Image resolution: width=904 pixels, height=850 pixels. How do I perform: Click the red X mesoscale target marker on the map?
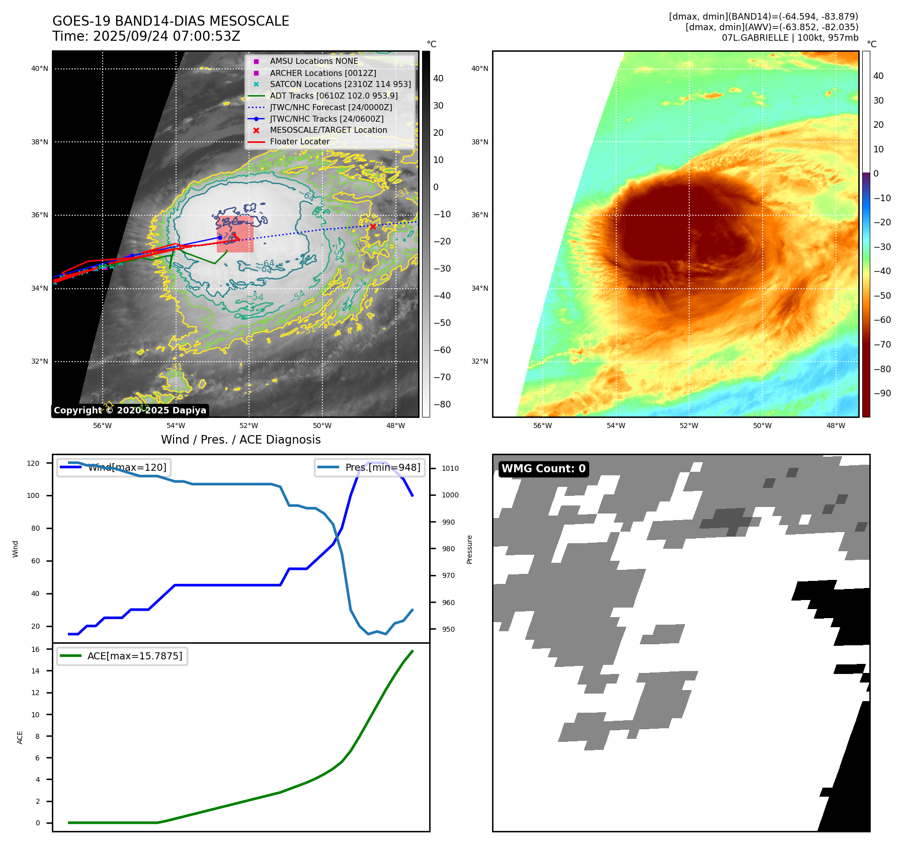click(372, 226)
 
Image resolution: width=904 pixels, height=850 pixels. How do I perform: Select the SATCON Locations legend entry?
click(340, 84)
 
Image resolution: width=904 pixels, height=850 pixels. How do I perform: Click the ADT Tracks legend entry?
click(334, 96)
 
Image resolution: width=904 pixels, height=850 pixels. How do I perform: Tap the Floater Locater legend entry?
click(299, 142)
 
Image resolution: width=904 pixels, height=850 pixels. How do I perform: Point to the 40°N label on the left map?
click(40, 69)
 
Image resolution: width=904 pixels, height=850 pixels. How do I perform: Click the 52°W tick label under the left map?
click(249, 426)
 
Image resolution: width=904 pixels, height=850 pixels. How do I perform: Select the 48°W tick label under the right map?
click(836, 426)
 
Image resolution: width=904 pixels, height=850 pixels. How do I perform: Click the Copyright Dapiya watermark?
click(130, 410)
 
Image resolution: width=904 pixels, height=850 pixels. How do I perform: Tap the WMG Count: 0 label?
click(543, 469)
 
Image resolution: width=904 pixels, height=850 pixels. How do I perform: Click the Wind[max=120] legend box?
click(114, 467)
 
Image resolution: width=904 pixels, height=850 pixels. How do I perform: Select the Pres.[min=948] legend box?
click(369, 467)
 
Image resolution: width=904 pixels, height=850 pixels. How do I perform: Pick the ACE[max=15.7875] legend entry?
click(122, 656)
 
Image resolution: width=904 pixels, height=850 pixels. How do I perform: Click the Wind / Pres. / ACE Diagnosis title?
click(240, 440)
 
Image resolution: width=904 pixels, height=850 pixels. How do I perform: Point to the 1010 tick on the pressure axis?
click(450, 468)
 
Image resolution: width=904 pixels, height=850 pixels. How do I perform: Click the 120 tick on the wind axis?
click(33, 463)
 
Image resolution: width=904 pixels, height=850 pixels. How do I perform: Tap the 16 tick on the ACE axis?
click(36, 649)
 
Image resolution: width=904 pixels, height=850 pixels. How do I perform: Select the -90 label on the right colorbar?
click(882, 393)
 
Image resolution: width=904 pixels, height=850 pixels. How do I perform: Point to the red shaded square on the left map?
click(235, 234)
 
